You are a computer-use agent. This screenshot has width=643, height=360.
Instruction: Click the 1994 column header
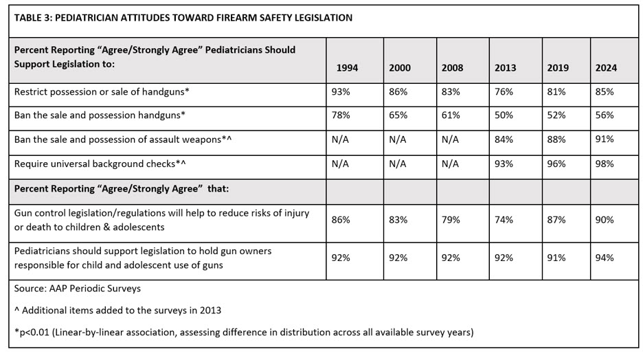click(x=347, y=68)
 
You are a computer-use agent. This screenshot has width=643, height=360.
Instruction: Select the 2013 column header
click(x=505, y=68)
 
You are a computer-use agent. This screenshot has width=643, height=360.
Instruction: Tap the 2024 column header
click(x=605, y=68)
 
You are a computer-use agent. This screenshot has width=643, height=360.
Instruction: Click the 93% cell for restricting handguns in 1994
click(x=341, y=91)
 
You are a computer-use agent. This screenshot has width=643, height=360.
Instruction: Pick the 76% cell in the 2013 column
click(x=504, y=91)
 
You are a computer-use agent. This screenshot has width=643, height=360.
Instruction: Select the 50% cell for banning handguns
click(x=504, y=115)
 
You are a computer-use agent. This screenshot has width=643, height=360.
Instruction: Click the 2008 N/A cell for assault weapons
click(x=450, y=139)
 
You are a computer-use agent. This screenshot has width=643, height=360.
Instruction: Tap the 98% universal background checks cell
click(x=605, y=163)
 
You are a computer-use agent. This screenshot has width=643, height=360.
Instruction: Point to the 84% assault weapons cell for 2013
click(x=504, y=139)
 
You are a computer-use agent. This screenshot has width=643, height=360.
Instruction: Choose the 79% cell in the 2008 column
click(x=451, y=220)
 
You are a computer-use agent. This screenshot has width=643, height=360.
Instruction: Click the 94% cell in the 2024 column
click(x=605, y=258)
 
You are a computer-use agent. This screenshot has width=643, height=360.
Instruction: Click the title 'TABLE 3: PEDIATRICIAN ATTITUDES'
click(x=183, y=18)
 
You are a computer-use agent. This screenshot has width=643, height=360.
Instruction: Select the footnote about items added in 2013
click(x=117, y=311)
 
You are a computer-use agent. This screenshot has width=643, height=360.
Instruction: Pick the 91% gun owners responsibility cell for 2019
click(x=556, y=258)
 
